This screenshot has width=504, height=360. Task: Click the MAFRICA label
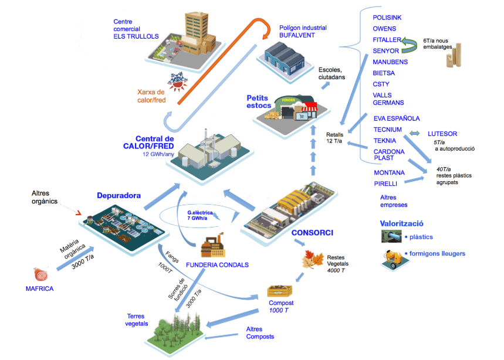(x=40, y=288)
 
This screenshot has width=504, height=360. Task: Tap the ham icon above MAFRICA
(x=40, y=273)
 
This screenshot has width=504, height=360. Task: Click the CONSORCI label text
(x=312, y=233)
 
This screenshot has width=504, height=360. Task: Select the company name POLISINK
(x=387, y=18)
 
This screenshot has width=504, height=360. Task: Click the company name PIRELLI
(x=386, y=184)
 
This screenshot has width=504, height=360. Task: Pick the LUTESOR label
(x=442, y=134)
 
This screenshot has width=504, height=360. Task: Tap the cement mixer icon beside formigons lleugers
(x=391, y=256)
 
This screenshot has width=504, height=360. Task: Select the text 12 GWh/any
(x=158, y=154)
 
